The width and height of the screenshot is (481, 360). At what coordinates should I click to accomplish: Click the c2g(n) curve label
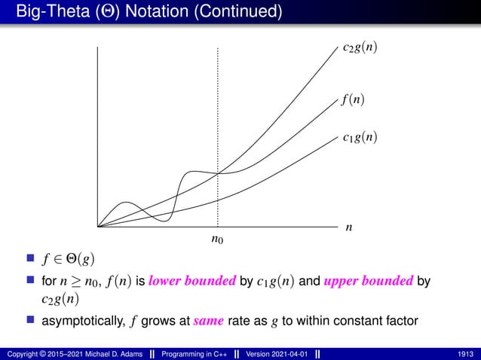click(355, 48)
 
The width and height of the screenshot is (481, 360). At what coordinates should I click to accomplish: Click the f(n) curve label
click(350, 99)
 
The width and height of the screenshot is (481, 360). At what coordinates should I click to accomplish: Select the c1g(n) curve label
click(355, 137)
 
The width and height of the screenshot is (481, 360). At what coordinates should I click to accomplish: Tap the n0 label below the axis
click(217, 240)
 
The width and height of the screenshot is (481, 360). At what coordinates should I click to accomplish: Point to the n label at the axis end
click(349, 227)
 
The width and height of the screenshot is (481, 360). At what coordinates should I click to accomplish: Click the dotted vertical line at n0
click(217, 113)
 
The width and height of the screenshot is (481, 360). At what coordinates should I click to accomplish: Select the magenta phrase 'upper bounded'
click(369, 282)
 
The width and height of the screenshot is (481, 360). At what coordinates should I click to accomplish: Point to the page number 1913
click(464, 352)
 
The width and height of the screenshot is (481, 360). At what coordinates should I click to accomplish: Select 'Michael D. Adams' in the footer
click(116, 352)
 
